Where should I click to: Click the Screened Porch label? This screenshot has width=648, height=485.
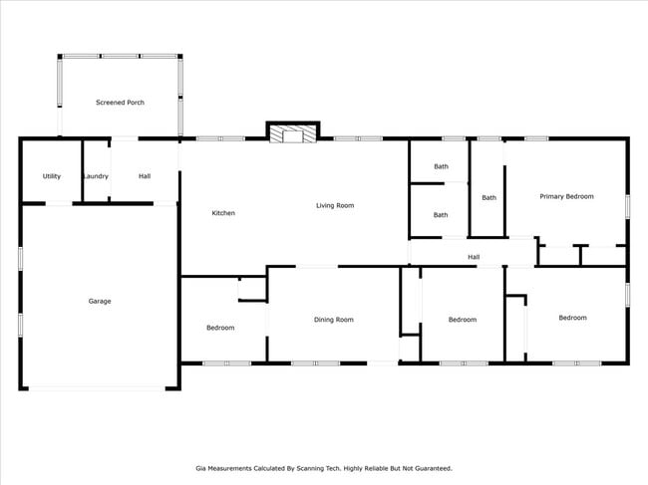[120, 103]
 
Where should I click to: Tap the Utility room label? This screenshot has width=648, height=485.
[52, 176]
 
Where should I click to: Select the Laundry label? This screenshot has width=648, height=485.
[96, 176]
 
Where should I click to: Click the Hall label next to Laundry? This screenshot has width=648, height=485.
[145, 176]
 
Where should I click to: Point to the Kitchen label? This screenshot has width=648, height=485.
[223, 213]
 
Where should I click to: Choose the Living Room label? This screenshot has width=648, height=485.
[335, 205]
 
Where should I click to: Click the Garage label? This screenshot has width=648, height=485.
[100, 301]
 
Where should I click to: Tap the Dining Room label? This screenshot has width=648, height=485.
[334, 320]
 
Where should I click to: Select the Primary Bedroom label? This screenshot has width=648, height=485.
[566, 196]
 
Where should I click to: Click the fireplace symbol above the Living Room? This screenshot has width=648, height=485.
[292, 133]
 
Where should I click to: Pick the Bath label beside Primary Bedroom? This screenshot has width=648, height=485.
[488, 197]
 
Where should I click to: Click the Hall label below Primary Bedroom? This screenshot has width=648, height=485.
[474, 257]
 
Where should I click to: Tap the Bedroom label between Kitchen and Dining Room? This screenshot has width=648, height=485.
[220, 328]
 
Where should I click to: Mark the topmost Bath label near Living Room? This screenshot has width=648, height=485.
[441, 166]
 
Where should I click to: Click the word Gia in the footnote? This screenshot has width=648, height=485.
[199, 467]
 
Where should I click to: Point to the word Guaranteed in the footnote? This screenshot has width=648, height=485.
[431, 467]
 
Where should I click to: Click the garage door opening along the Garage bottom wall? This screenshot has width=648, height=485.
[100, 388]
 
